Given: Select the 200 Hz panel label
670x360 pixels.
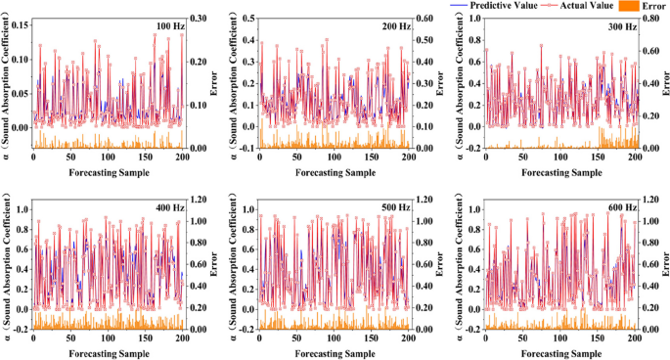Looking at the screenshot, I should pyautogui.click(x=397, y=27).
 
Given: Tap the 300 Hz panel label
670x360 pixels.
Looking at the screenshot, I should pyautogui.click(x=621, y=27).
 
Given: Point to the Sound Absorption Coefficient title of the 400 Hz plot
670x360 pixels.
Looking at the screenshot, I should pyautogui.click(x=7, y=265).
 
